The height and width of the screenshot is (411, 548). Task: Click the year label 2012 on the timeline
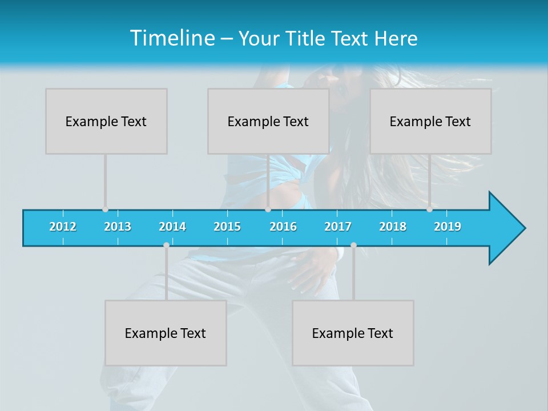(63, 227)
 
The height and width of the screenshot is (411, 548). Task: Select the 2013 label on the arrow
(118, 227)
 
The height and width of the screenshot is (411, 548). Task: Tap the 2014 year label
(172, 227)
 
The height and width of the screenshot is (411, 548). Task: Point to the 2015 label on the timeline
(227, 227)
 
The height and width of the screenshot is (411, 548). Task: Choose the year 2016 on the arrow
(283, 227)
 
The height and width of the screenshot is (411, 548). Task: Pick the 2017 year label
(338, 227)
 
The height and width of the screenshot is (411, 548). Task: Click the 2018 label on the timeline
(393, 227)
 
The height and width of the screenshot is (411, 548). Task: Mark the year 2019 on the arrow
(448, 227)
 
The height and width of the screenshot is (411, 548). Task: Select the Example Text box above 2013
(106, 121)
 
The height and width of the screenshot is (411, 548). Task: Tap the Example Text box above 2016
(268, 121)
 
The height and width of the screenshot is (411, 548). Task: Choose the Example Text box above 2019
(430, 121)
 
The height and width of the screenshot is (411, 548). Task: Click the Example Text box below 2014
(166, 333)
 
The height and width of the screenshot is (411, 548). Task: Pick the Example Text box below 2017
(353, 333)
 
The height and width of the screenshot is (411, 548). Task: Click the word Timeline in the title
(172, 38)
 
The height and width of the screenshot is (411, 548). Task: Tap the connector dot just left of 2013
(105, 209)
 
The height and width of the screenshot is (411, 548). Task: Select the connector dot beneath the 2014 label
(166, 245)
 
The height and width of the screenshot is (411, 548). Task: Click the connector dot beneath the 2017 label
(353, 245)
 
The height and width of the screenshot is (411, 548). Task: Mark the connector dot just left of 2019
(429, 209)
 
